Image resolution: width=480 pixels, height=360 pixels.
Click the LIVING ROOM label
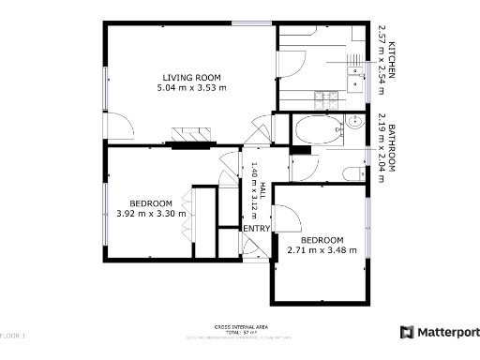pos(192,78)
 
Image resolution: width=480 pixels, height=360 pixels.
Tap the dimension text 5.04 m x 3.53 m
pos(192,88)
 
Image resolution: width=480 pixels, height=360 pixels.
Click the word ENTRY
pos(256,229)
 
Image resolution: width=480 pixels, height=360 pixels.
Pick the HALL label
pos(263,191)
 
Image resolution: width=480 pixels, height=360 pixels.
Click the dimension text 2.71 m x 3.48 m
pos(322,249)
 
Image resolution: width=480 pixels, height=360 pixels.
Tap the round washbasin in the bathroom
pos(355,122)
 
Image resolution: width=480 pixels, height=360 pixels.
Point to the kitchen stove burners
pos(329,97)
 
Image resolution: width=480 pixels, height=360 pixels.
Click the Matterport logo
pos(440,332)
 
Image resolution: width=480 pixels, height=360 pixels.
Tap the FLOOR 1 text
pos(13,335)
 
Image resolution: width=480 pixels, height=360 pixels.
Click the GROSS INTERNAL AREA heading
pos(239,326)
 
